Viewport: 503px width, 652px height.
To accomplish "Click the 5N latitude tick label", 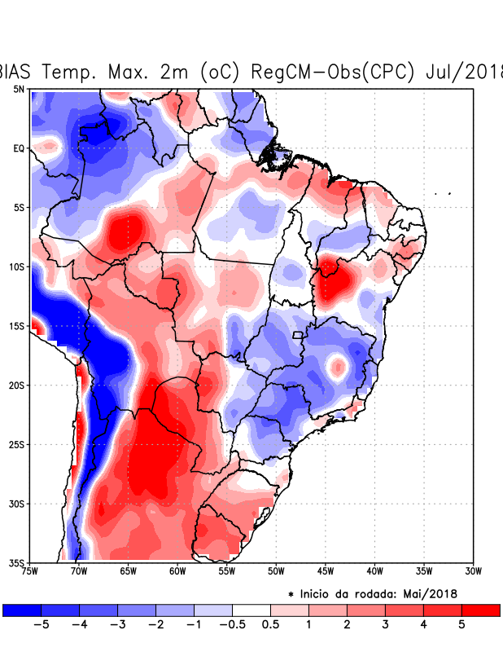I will [19, 89].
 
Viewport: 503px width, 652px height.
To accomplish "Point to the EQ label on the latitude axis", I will [19, 148].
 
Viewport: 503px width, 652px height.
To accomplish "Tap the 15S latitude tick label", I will [17, 326].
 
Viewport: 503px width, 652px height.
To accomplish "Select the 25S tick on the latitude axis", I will [17, 444].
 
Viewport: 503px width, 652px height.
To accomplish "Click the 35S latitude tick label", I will [17, 562].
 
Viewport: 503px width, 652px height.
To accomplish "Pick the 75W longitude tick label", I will [31, 570].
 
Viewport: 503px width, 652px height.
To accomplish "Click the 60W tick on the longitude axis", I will [177, 570].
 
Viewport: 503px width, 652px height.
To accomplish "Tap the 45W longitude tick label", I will [325, 570].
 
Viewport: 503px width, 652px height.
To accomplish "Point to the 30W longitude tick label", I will [473, 570].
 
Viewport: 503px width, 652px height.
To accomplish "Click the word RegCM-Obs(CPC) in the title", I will [334, 72].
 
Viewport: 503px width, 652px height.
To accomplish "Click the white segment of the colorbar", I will [251, 610].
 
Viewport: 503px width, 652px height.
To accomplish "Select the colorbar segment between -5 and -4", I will [60, 610].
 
